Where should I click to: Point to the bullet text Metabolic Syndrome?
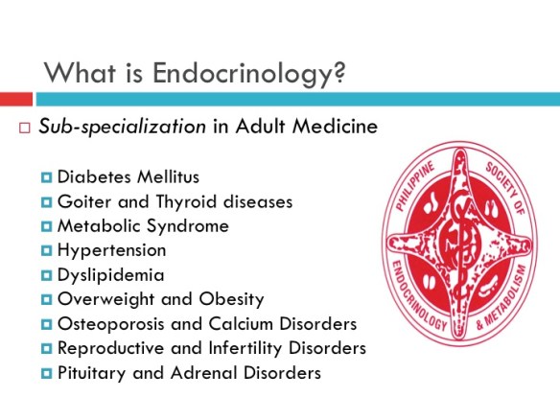143,226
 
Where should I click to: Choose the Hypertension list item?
111,250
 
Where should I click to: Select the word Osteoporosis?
107,323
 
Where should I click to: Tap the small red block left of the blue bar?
16,99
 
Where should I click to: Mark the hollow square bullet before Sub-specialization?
26,129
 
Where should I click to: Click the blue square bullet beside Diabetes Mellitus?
47,176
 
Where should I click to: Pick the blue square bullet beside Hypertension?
47,250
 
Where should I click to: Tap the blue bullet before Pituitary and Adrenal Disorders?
47,372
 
